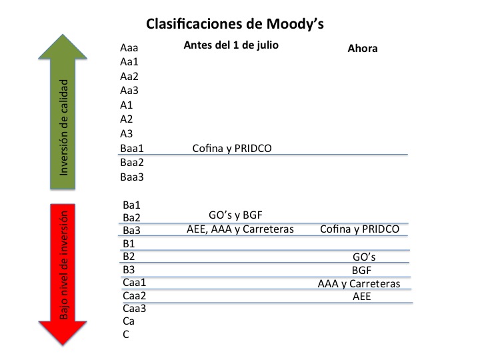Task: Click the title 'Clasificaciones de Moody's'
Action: click(235, 24)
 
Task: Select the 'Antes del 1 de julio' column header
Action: click(231, 45)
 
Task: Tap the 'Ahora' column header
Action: click(363, 49)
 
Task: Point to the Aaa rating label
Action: click(129, 48)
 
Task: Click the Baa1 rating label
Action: click(131, 148)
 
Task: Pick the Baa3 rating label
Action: click(131, 177)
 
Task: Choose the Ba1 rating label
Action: click(131, 205)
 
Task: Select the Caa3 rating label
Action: click(134, 308)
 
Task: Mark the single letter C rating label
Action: click(126, 334)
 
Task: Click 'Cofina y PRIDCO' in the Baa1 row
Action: click(232, 149)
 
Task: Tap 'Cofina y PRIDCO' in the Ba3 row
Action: click(360, 229)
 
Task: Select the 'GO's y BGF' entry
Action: click(235, 215)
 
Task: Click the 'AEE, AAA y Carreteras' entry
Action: click(240, 229)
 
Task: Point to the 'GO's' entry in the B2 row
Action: click(364, 257)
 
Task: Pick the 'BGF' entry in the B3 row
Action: click(361, 270)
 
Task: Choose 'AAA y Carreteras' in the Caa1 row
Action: click(359, 284)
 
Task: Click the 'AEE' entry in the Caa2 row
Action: click(361, 296)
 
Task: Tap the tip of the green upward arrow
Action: click(63, 35)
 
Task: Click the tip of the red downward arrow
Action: click(63, 345)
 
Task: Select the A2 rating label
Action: click(126, 119)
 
